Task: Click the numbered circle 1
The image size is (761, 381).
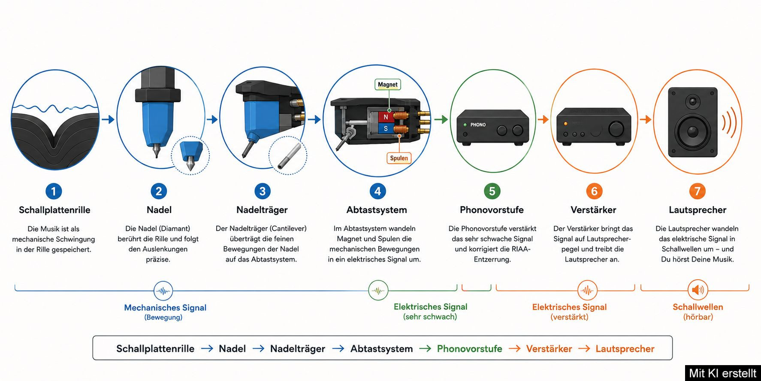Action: click(54, 191)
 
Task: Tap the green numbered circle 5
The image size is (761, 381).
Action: click(492, 191)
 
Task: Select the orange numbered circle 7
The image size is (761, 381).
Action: click(698, 191)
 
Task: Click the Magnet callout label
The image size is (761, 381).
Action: click(388, 85)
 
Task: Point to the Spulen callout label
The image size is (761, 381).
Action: click(399, 158)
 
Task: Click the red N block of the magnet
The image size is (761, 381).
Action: click(385, 117)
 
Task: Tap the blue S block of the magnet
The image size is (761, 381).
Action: click(385, 128)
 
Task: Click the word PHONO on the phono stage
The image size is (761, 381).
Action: click(478, 125)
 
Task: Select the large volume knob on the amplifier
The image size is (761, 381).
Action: click(616, 128)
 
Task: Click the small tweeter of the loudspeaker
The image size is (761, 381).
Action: click(692, 102)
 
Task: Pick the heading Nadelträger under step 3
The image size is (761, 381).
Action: click(262, 210)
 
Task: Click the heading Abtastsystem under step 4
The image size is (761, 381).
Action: click(377, 210)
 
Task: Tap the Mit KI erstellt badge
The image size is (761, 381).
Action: click(723, 373)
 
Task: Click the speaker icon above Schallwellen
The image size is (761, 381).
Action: click(698, 290)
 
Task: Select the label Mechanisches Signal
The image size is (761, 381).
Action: click(165, 308)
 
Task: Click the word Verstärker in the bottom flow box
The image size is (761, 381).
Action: click(549, 349)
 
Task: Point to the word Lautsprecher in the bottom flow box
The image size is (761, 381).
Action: click(625, 349)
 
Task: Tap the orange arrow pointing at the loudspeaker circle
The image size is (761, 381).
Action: click(646, 119)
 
